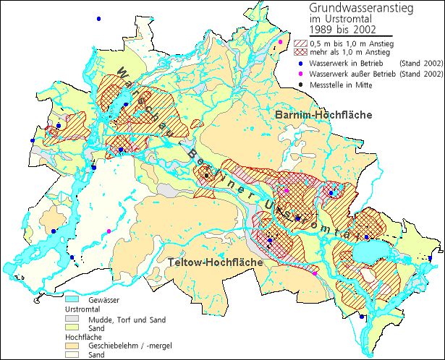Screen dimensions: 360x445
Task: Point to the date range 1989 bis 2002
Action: click(x=342, y=30)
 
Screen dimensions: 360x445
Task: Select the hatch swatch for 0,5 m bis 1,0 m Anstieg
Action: click(x=298, y=43)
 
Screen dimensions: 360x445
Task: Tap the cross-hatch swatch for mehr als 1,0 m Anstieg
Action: click(x=298, y=52)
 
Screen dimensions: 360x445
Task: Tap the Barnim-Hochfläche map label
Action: click(x=323, y=116)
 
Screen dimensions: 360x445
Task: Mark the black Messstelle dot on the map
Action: click(x=206, y=175)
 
